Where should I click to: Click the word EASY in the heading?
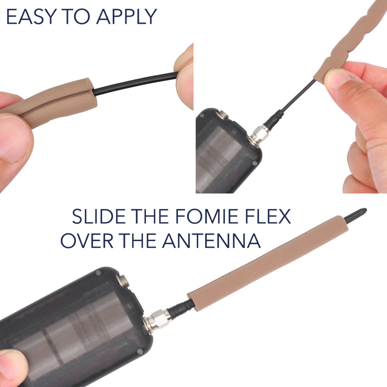tap(30, 17)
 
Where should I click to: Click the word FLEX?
tap(267, 216)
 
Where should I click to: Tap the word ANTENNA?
tap(211, 240)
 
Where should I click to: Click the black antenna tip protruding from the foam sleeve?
tap(355, 214)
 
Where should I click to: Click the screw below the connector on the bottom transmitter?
tap(140, 351)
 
